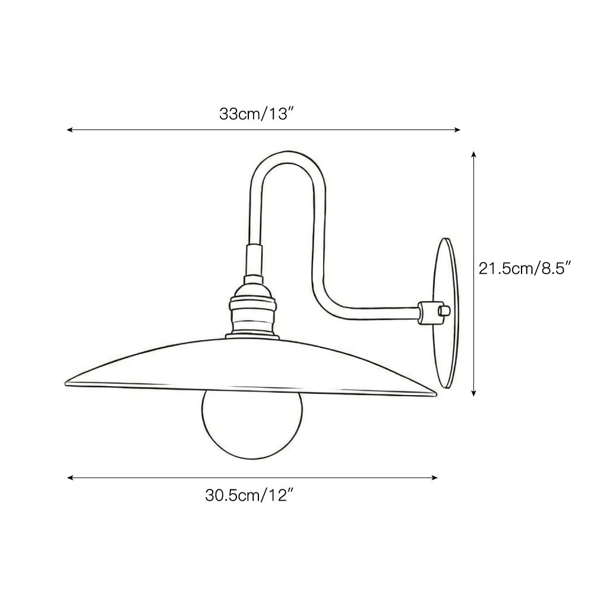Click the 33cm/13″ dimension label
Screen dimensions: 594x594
coord(257,113)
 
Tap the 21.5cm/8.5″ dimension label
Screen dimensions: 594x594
coord(525,268)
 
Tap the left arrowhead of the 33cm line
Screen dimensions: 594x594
coord(69,129)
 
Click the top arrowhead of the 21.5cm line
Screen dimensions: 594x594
coord(473,154)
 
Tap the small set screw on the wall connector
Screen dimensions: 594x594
coord(441,310)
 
